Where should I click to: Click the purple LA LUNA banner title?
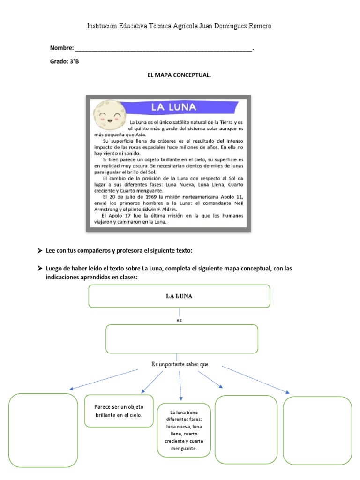(173, 107)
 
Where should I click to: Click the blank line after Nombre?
(164, 48)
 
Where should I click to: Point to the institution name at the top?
(180, 26)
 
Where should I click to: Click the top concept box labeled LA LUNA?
(179, 296)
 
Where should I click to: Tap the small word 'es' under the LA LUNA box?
(179, 320)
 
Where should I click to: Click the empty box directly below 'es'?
(182, 338)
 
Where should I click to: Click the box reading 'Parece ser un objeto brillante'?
(119, 411)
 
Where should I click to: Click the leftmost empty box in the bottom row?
(43, 430)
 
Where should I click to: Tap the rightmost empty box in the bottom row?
(317, 430)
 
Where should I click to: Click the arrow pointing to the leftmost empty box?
(104, 379)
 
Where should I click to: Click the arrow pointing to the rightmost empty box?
(255, 380)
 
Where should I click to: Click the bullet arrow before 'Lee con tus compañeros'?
(40, 251)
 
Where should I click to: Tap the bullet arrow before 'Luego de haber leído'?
(40, 269)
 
